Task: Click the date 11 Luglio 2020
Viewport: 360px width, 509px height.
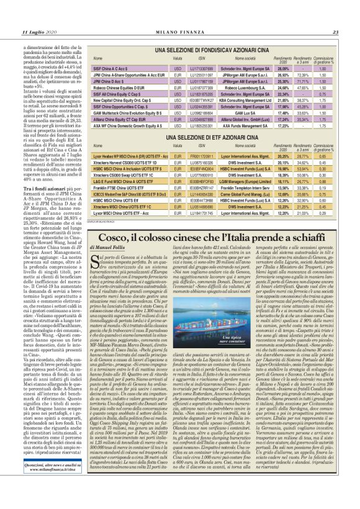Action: point(39,32)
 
